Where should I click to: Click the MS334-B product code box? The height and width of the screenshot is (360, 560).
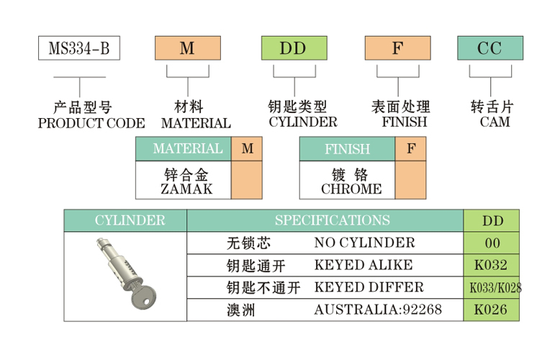click(x=78, y=48)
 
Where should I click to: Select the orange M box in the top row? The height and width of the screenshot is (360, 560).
click(x=186, y=48)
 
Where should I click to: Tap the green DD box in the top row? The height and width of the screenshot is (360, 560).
click(x=292, y=48)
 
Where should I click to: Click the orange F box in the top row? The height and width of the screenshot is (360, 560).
click(x=397, y=48)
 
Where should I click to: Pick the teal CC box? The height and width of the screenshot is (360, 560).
click(x=490, y=48)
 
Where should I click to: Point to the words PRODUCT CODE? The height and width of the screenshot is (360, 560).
click(x=91, y=123)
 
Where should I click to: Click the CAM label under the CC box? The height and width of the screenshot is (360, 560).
click(x=494, y=122)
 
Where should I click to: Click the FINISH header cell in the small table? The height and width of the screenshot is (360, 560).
click(x=347, y=149)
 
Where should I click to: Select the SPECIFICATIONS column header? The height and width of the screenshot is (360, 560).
click(x=332, y=220)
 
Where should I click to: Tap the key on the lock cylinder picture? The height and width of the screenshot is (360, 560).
click(x=143, y=294)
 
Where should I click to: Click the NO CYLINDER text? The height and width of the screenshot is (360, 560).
click(x=364, y=243)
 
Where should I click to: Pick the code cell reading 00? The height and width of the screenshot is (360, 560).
click(x=492, y=243)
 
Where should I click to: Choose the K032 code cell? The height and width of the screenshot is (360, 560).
click(x=492, y=265)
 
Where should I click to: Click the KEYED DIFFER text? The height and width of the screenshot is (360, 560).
click(x=369, y=287)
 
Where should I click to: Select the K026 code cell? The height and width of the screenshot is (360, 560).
click(x=492, y=310)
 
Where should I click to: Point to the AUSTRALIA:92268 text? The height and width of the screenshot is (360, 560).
click(x=378, y=310)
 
